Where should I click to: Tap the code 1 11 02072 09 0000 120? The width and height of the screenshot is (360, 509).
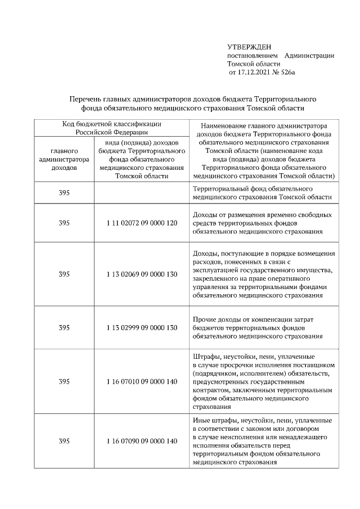pos(141,223)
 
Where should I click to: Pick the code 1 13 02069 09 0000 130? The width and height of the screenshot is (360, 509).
pos(141,274)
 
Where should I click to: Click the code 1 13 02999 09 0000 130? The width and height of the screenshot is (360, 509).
pos(141,328)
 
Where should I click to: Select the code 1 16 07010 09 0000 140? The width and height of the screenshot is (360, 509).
pos(141,381)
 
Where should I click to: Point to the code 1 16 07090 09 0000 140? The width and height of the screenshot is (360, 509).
pos(141,441)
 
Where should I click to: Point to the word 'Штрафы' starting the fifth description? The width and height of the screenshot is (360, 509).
pos(205,357)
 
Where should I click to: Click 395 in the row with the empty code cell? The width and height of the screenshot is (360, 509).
pos(64,193)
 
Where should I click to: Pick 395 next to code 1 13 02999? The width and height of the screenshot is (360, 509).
pos(64,328)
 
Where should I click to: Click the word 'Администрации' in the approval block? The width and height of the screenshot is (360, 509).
pos(309,56)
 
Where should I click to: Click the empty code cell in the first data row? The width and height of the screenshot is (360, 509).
pos(141,193)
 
